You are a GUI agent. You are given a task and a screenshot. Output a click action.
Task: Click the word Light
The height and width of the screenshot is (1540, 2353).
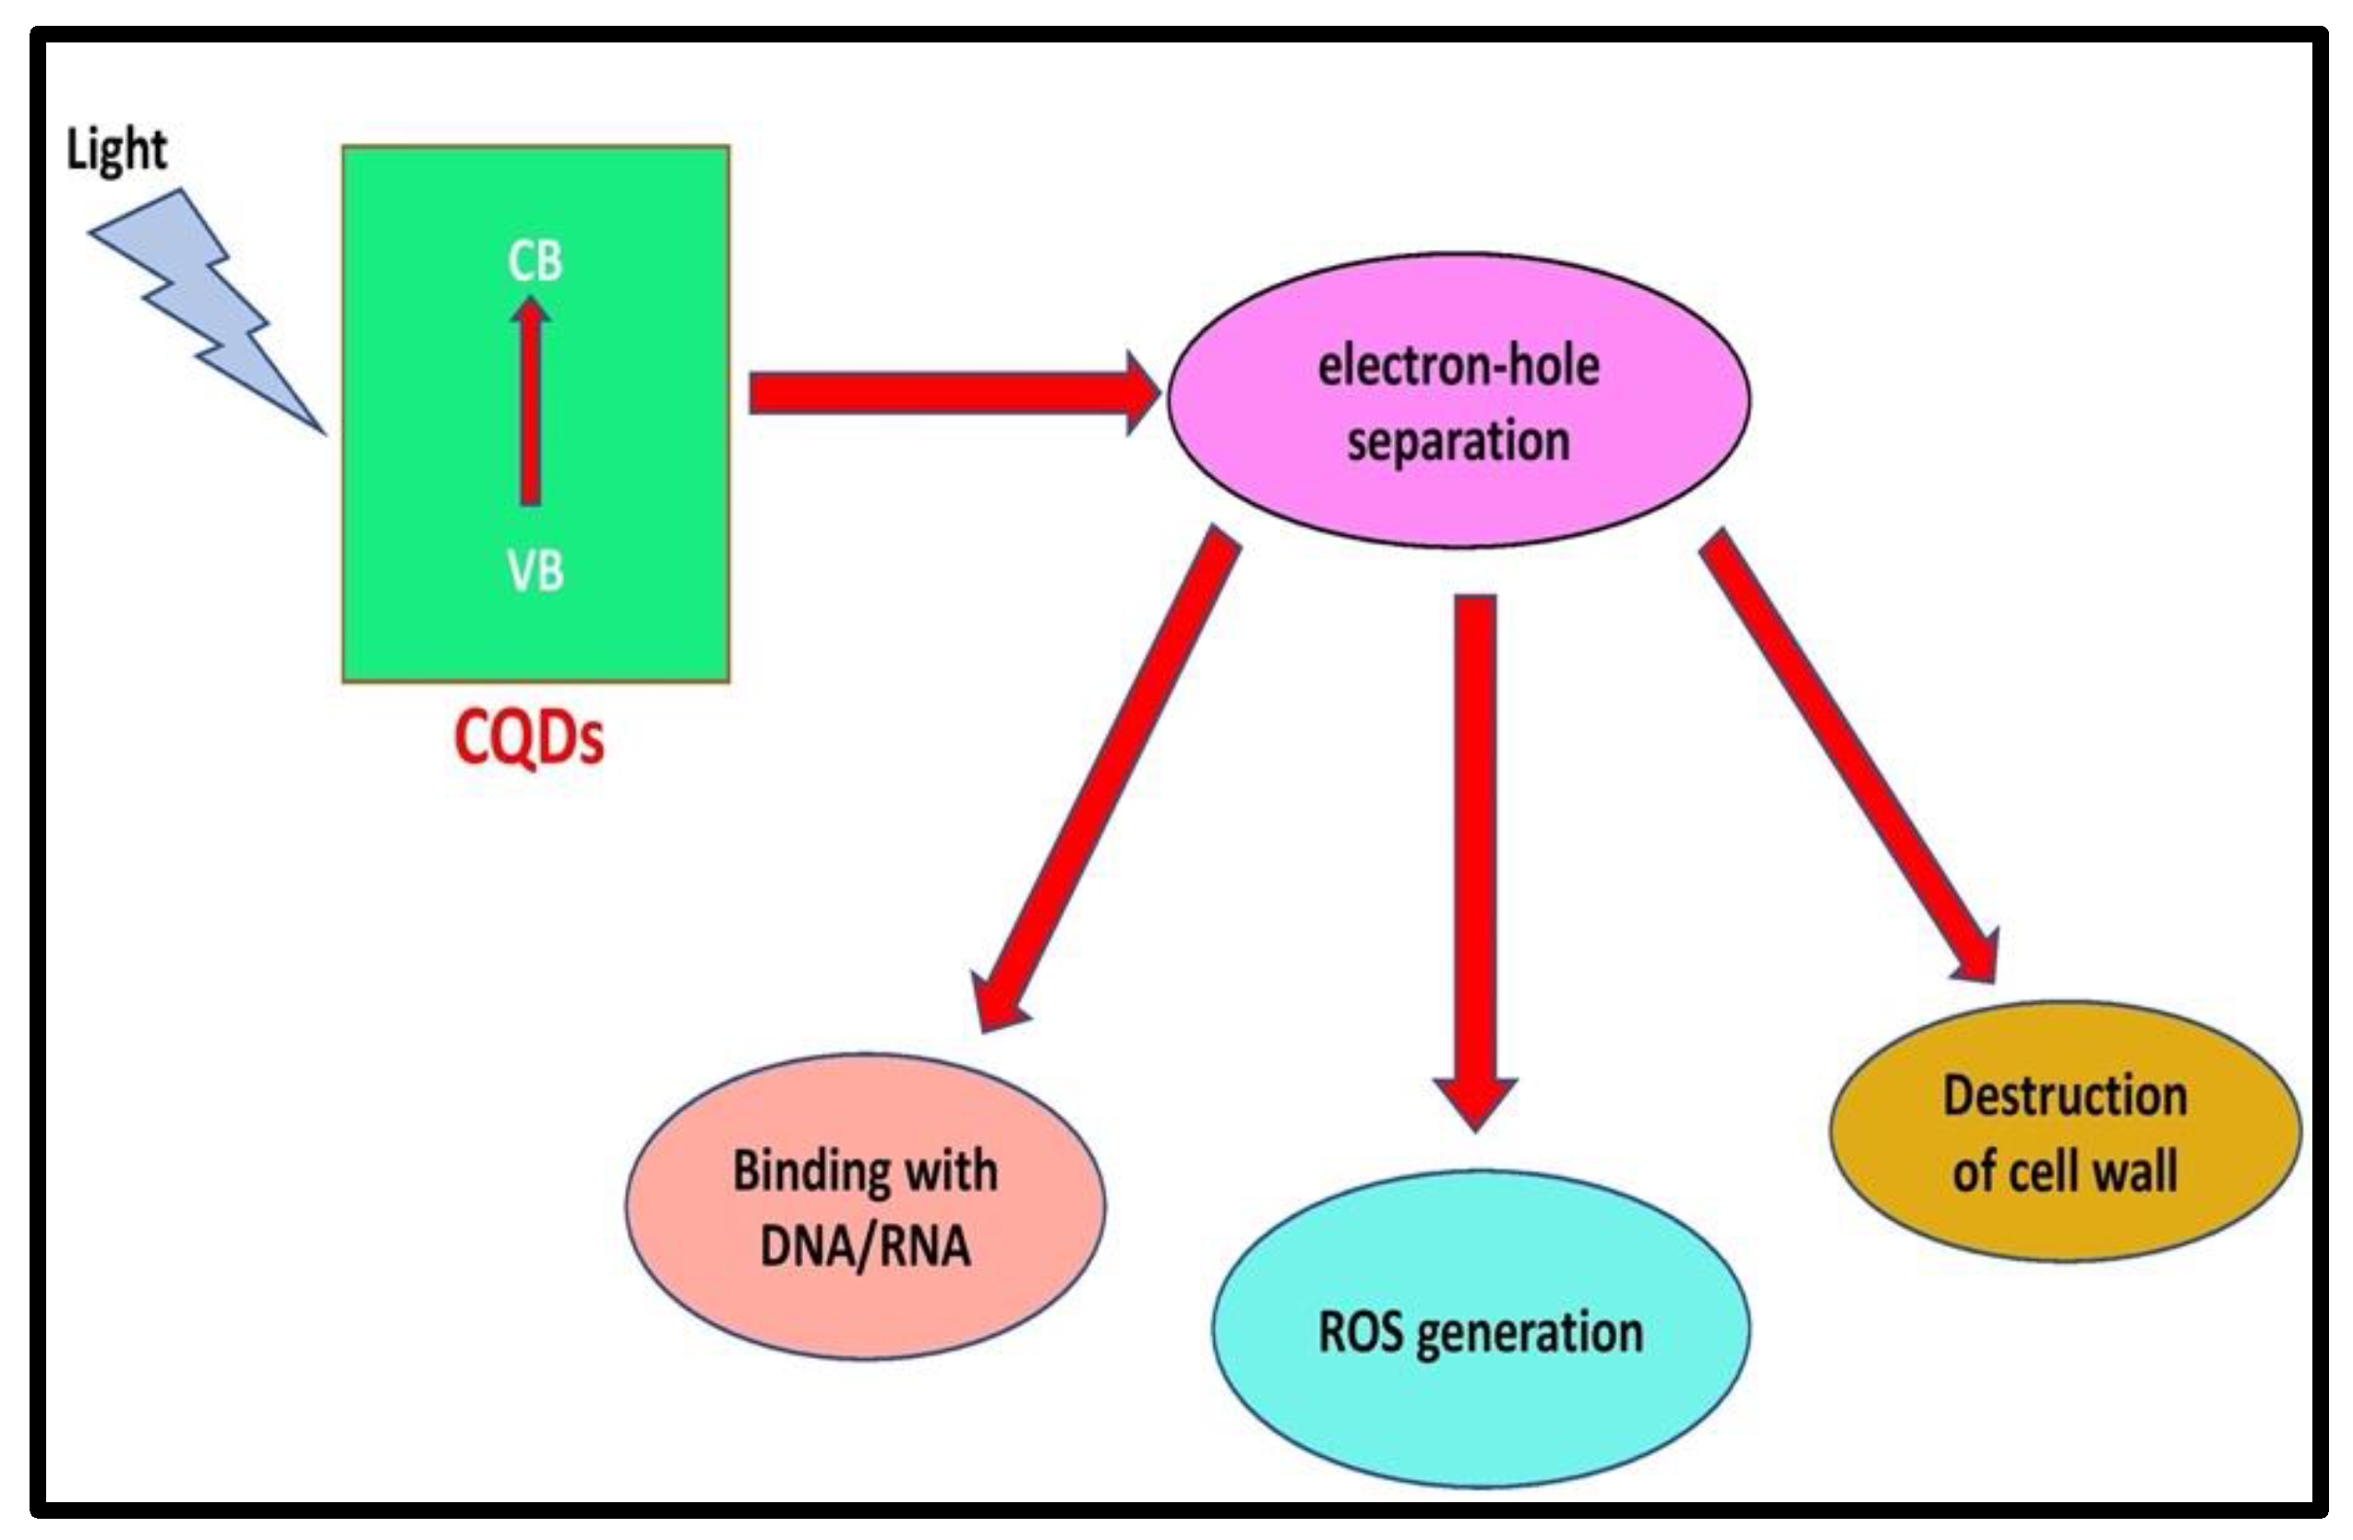pos(116,151)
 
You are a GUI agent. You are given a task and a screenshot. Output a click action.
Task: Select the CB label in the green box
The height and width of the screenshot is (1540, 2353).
pos(534,262)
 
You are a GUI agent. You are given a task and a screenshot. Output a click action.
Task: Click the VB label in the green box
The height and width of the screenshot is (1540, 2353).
pos(534,571)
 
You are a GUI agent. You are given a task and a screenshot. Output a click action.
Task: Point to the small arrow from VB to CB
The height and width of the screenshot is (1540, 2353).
pos(532,405)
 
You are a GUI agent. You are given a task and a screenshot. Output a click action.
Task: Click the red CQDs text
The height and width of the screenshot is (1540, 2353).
pos(529,738)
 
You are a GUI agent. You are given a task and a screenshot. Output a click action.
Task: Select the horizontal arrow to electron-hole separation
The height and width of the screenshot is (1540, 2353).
pos(939,392)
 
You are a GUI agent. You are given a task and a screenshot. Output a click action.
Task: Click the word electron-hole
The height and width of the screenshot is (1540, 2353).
pos(1459,366)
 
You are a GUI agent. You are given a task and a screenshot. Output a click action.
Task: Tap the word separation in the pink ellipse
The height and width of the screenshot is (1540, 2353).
pos(1459,441)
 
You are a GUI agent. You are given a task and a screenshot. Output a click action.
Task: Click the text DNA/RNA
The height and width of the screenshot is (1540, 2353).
pos(865,1246)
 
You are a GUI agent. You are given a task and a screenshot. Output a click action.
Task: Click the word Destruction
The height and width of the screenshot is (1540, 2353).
pos(2065,1096)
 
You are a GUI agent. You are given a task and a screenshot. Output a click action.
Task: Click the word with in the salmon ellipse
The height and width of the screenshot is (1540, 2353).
pos(951,1171)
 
